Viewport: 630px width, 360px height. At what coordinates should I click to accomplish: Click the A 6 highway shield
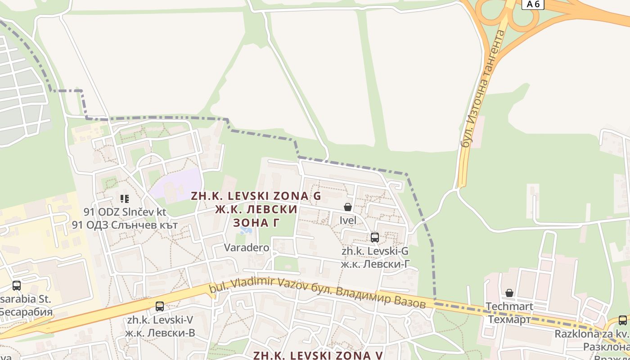pyautogui.click(x=533, y=4)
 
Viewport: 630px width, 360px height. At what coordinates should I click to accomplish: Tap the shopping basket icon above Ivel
pyautogui.click(x=348, y=207)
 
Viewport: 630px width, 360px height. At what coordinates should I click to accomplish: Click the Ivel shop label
pyautogui.click(x=348, y=220)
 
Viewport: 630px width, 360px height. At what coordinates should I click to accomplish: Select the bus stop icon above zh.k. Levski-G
pyautogui.click(x=374, y=237)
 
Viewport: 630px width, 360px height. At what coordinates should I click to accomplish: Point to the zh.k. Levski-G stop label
pyautogui.click(x=375, y=251)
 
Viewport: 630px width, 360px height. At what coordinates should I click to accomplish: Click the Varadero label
pyautogui.click(x=247, y=247)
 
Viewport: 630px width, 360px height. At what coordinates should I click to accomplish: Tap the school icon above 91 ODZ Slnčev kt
pyautogui.click(x=125, y=198)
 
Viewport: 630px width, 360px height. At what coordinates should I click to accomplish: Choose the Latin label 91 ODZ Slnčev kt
pyautogui.click(x=125, y=211)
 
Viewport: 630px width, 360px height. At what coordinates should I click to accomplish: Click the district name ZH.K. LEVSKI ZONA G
pyautogui.click(x=256, y=196)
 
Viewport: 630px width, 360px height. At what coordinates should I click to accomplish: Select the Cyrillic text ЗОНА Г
pyautogui.click(x=256, y=223)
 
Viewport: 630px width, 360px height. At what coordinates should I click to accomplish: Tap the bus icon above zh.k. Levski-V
pyautogui.click(x=160, y=306)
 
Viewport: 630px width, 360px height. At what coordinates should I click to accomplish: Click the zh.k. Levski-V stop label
pyautogui.click(x=160, y=320)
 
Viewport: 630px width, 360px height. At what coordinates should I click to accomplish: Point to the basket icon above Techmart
pyautogui.click(x=509, y=293)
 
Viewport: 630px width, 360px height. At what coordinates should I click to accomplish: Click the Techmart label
pyautogui.click(x=509, y=306)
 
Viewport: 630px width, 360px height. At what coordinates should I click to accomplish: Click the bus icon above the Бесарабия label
pyautogui.click(x=17, y=285)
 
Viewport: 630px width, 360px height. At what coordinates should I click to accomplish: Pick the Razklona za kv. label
pyautogui.click(x=592, y=334)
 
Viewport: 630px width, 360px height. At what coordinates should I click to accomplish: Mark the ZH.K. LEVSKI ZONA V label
pyautogui.click(x=318, y=355)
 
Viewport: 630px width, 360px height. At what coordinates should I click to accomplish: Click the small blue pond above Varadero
pyautogui.click(x=246, y=230)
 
